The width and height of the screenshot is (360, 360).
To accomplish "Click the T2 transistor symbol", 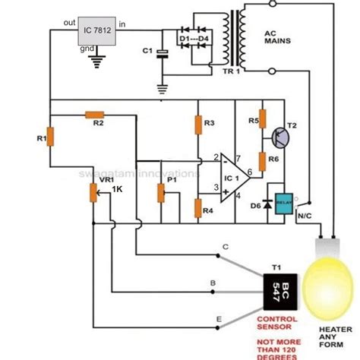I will point(283,137).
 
